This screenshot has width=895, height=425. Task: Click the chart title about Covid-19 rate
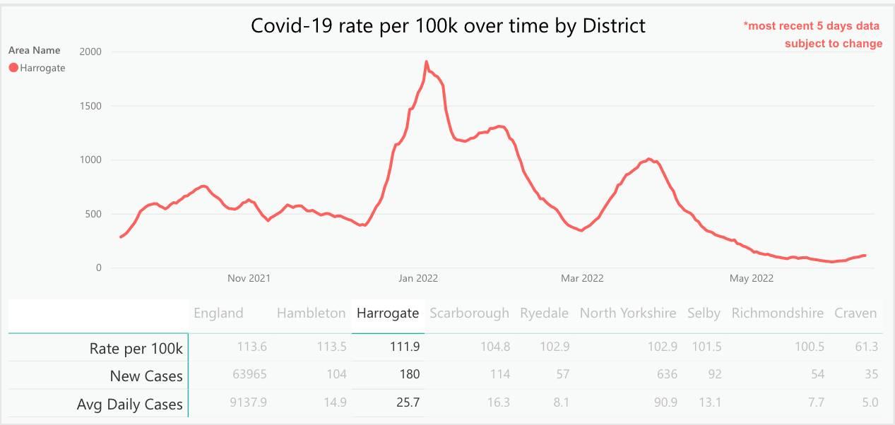tap(448, 26)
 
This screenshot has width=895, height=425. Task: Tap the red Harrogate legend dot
tap(13, 68)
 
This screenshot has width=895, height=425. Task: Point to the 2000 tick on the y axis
tap(90, 52)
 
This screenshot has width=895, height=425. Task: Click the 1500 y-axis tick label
tap(90, 106)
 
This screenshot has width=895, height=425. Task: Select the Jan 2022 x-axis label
tap(417, 278)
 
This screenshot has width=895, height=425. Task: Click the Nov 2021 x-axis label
tap(249, 278)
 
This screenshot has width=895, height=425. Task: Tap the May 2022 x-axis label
tap(751, 278)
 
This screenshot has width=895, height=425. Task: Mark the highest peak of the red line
tap(426, 62)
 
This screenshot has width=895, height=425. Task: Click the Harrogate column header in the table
tap(388, 313)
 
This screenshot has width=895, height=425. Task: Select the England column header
tap(218, 313)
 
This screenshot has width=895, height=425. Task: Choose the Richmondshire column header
tap(777, 313)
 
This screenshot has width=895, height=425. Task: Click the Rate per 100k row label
tap(136, 348)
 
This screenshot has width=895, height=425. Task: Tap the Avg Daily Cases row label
tap(129, 405)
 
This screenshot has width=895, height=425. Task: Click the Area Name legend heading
tap(35, 50)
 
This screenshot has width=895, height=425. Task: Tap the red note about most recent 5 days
tap(812, 35)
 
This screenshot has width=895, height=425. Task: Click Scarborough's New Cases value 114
tap(500, 374)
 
